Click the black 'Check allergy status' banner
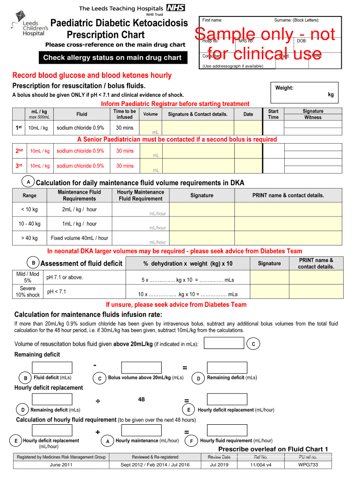coord(112,58)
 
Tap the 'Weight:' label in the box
coord(284,88)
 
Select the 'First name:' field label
coord(212,20)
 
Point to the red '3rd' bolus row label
coord(20,166)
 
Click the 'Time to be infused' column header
coord(124,114)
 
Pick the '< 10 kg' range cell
coord(29,210)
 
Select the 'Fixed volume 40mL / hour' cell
coord(79,238)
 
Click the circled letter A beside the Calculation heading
coord(29,181)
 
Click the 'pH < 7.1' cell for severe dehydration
coord(57,292)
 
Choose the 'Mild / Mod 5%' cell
coord(28,277)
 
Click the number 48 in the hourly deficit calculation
coord(141,399)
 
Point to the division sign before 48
coord(98,401)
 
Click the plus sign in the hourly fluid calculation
coord(97,432)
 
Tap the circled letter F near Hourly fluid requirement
coord(191,441)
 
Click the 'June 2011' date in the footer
coord(61,464)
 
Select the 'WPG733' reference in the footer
coord(308,464)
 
